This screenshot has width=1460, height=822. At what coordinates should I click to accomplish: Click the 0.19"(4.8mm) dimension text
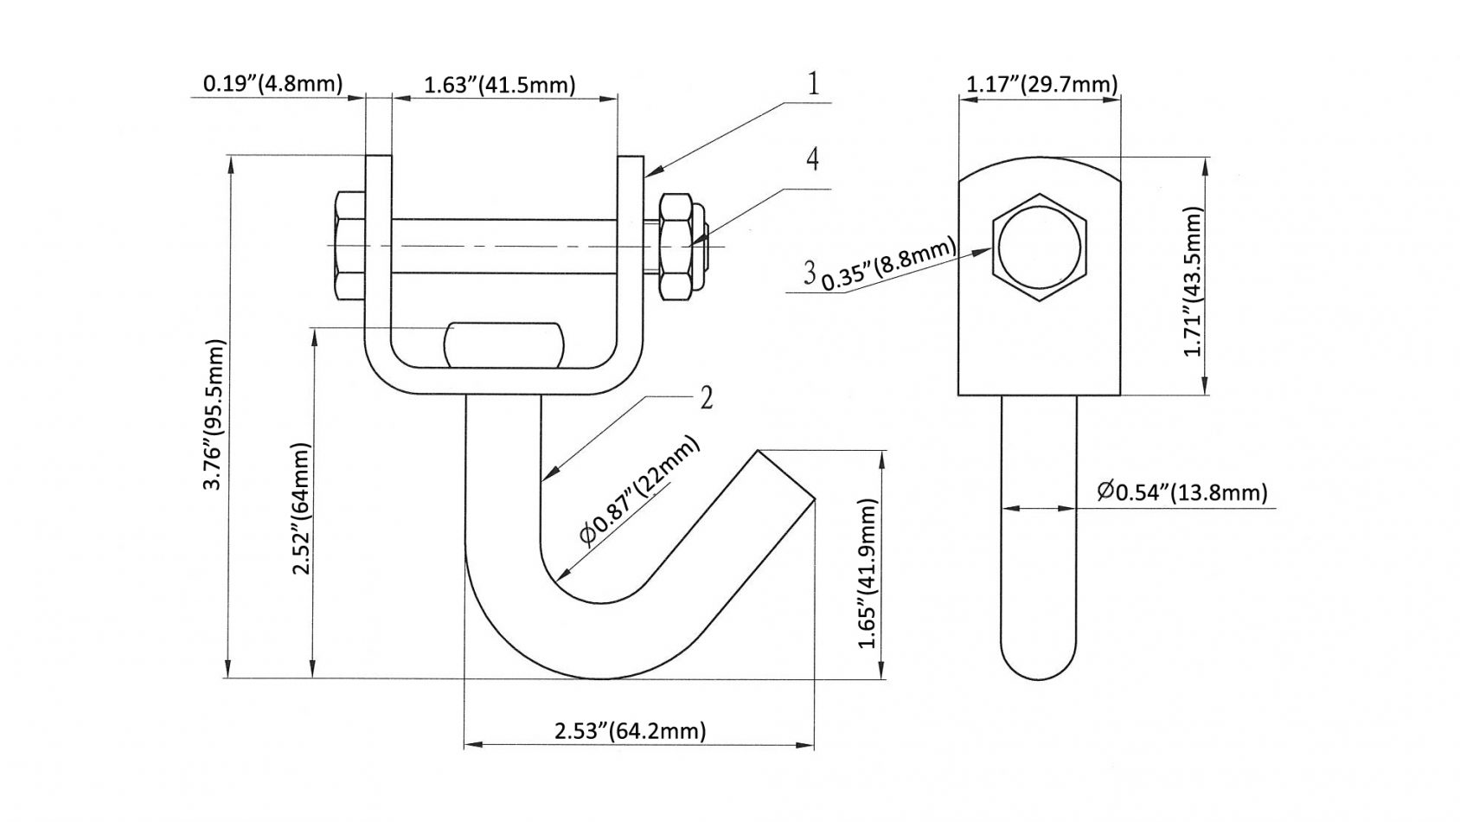[272, 83]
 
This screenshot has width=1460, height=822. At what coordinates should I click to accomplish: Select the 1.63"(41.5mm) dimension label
[499, 85]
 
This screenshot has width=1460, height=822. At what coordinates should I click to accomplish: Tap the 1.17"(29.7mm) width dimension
[1041, 84]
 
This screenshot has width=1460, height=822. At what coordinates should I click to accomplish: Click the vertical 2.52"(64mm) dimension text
[301, 511]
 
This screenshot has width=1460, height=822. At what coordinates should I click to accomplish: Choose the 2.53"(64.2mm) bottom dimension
[630, 730]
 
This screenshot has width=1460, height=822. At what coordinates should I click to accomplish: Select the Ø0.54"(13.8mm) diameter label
[1181, 492]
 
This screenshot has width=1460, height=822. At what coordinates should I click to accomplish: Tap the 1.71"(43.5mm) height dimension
[1194, 282]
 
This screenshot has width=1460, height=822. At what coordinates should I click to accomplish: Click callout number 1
[813, 84]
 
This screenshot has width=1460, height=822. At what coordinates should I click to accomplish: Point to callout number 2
[707, 398]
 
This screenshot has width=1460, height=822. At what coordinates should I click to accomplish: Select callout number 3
[809, 273]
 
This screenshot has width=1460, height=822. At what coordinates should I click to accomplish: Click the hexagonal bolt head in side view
[1039, 247]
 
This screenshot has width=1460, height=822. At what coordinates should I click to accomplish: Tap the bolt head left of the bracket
[348, 246]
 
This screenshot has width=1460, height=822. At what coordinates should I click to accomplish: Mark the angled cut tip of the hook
[785, 474]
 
